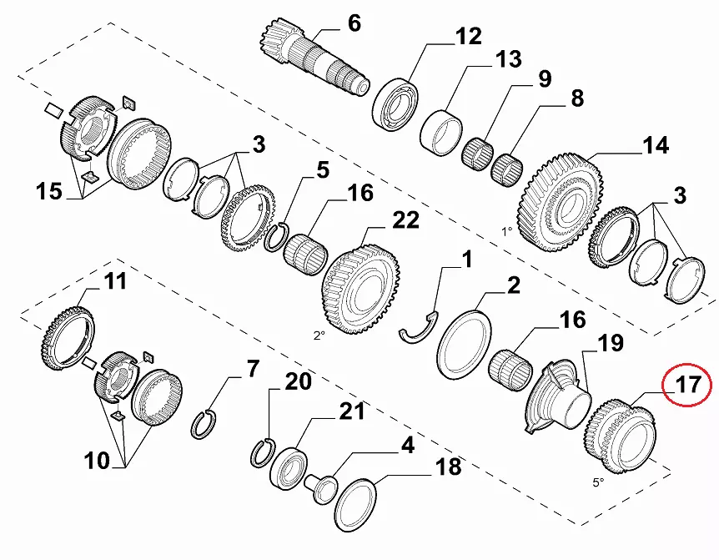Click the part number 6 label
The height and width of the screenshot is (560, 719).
[354, 23]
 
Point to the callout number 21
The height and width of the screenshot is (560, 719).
[351, 411]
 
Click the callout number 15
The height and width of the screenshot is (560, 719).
[48, 191]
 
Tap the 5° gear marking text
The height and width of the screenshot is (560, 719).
[597, 482]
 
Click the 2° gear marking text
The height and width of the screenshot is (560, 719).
[319, 335]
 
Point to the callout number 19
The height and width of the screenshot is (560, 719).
[609, 342]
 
